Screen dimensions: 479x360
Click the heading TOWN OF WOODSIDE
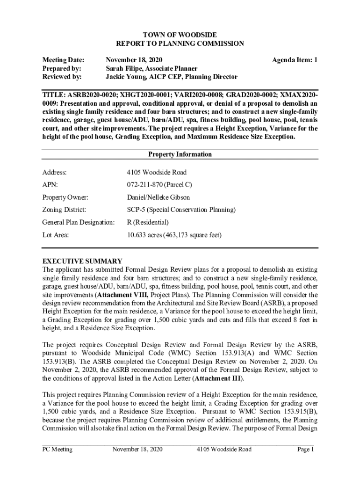click(x=180, y=35)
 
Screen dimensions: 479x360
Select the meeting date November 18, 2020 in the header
click(x=128, y=60)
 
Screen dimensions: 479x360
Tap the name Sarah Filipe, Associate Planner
click(x=151, y=68)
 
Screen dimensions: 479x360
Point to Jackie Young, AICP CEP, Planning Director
click(x=172, y=77)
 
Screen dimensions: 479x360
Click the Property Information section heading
click(x=180, y=154)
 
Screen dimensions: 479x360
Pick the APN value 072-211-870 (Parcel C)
click(x=159, y=185)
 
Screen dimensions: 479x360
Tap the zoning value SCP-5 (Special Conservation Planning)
click(x=181, y=210)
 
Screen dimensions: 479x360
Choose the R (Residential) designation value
click(x=148, y=223)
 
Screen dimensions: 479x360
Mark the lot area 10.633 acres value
click(x=174, y=235)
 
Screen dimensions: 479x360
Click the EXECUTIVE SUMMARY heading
click(x=82, y=261)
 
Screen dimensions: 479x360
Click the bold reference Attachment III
click(x=219, y=378)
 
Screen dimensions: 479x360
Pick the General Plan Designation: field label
click(x=79, y=223)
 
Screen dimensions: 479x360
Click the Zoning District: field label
click(x=65, y=210)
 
